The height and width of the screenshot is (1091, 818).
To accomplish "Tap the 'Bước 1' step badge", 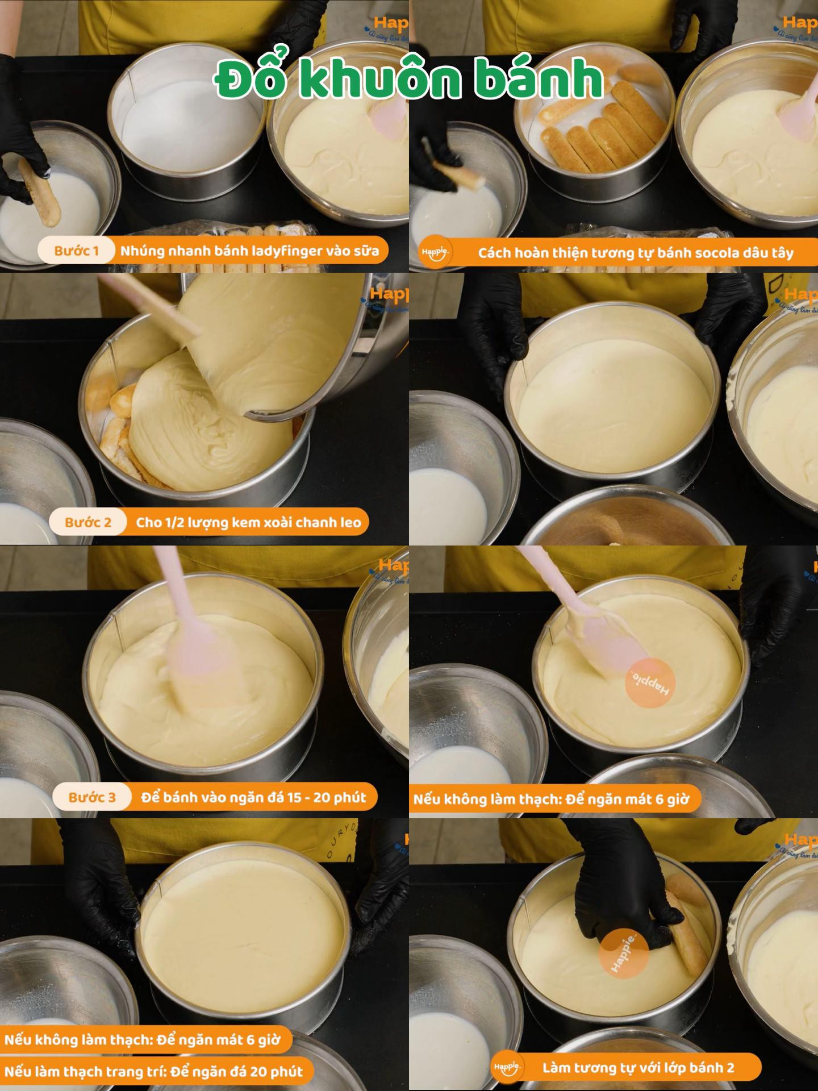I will [76, 251].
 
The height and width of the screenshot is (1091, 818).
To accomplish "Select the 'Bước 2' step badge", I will [87, 522].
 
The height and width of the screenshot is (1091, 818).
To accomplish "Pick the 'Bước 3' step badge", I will [91, 797].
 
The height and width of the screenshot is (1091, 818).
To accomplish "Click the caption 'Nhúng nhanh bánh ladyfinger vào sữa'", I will [249, 251].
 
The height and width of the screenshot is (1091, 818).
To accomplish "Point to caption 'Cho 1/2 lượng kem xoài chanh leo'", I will [248, 522].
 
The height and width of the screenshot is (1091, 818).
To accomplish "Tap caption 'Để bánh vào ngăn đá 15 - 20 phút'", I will [253, 797].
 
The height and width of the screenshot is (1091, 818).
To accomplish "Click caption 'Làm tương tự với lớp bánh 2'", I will [638, 1068].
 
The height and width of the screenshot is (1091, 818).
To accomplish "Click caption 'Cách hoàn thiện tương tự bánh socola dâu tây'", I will [635, 253].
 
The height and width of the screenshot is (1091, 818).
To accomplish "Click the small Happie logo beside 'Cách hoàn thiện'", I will [436, 253].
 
